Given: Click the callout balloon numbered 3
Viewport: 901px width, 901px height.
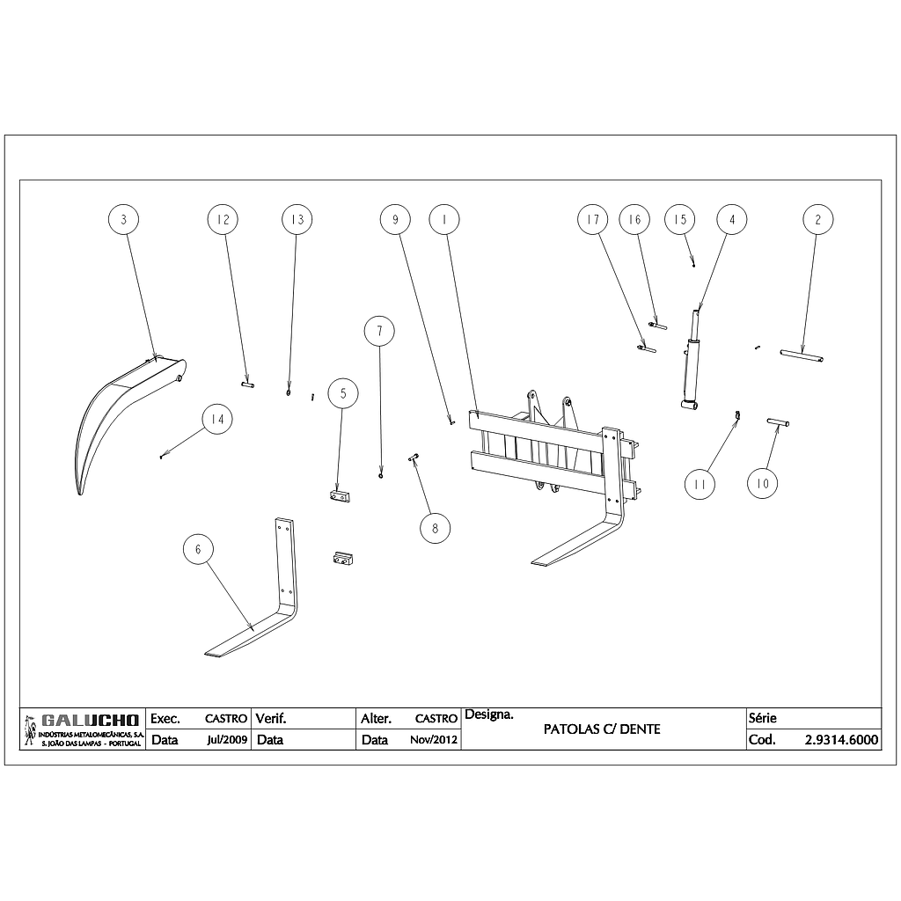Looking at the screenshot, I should (124, 219).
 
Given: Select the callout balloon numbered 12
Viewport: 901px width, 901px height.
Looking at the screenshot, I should (223, 219).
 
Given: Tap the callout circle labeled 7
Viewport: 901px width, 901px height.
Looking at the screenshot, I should (379, 332).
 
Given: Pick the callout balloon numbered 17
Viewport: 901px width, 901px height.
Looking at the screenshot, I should (593, 219).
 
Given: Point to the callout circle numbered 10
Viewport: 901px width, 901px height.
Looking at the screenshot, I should (763, 483).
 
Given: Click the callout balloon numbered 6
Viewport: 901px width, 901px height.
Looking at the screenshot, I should (198, 549).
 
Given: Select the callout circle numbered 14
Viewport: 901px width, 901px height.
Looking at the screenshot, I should (216, 421).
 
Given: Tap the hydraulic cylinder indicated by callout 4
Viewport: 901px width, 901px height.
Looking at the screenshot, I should (692, 370).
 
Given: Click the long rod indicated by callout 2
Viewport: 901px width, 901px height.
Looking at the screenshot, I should (802, 355).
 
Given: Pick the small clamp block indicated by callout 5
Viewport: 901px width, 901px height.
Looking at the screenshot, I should (341, 497).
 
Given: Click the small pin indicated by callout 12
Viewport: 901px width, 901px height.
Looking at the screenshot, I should (247, 384).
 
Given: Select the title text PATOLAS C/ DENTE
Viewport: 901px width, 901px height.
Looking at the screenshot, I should (602, 729).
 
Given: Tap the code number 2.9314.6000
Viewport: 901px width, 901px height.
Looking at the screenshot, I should (841, 740).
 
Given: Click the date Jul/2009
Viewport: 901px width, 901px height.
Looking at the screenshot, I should (227, 740).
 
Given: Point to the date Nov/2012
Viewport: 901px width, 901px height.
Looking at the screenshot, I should (434, 740).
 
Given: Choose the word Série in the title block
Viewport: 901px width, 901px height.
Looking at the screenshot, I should (762, 718).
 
